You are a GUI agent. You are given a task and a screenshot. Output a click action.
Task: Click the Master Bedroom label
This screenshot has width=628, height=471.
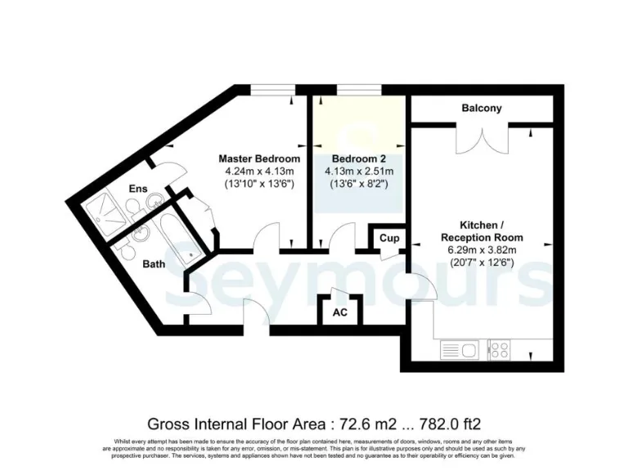coord(258,158)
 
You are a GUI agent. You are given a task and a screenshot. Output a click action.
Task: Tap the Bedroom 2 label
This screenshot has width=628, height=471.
coord(361,158)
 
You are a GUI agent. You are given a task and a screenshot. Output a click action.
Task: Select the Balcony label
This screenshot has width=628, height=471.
coord(481,108)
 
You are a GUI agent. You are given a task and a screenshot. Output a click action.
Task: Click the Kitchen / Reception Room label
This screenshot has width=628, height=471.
coord(481,231)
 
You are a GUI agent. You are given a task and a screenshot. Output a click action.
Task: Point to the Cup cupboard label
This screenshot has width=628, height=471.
coord(389,238)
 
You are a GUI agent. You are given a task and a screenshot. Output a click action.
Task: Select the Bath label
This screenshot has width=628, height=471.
coord(154,264)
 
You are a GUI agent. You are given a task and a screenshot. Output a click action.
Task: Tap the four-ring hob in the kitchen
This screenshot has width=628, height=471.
coord(499,350)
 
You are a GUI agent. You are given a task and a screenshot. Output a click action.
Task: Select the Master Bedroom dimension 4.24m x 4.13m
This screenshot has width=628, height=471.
coord(258,172)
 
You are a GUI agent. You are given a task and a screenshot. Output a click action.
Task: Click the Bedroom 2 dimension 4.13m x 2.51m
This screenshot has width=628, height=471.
coord(361,172)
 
